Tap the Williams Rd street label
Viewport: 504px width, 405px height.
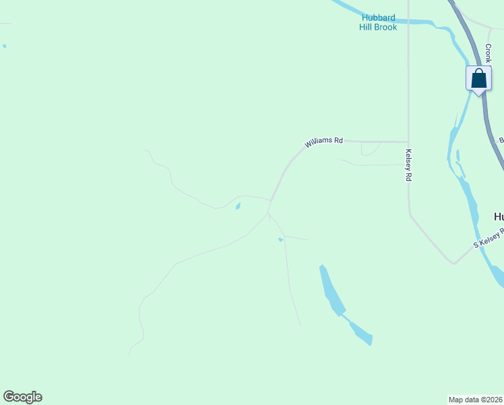point(323,142)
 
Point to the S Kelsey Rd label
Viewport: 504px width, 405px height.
point(489,238)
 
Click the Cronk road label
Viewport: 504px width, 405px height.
point(487,54)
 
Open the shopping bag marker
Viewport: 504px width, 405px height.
point(478,78)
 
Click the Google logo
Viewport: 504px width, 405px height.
point(22,397)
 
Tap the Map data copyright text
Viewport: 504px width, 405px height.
point(476,399)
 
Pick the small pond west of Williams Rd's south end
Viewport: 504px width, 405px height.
point(237,207)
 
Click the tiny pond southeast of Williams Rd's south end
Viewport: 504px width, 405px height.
point(280,239)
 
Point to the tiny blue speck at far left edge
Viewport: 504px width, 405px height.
point(4,46)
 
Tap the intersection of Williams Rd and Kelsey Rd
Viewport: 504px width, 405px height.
point(408,142)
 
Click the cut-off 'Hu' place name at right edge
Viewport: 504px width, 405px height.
point(499,217)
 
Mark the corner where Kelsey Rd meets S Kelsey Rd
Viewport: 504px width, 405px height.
point(453,263)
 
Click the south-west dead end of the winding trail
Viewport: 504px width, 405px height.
point(129,354)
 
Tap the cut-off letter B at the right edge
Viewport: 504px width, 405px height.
point(501,140)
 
